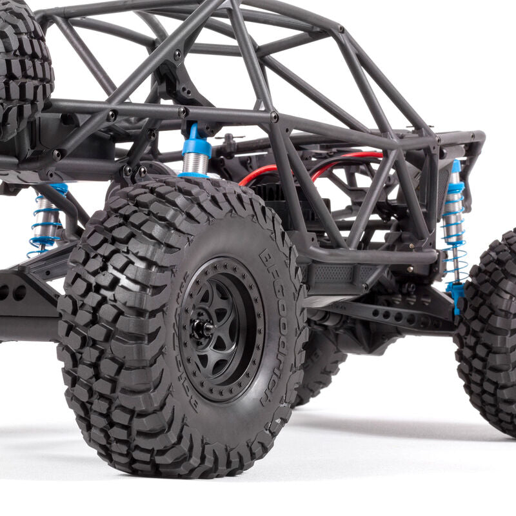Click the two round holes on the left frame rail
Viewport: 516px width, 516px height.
[13, 292]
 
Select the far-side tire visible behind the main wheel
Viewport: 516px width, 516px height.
[319, 368]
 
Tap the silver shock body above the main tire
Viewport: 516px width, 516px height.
[194, 164]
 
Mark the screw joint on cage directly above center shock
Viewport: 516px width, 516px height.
[183, 112]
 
